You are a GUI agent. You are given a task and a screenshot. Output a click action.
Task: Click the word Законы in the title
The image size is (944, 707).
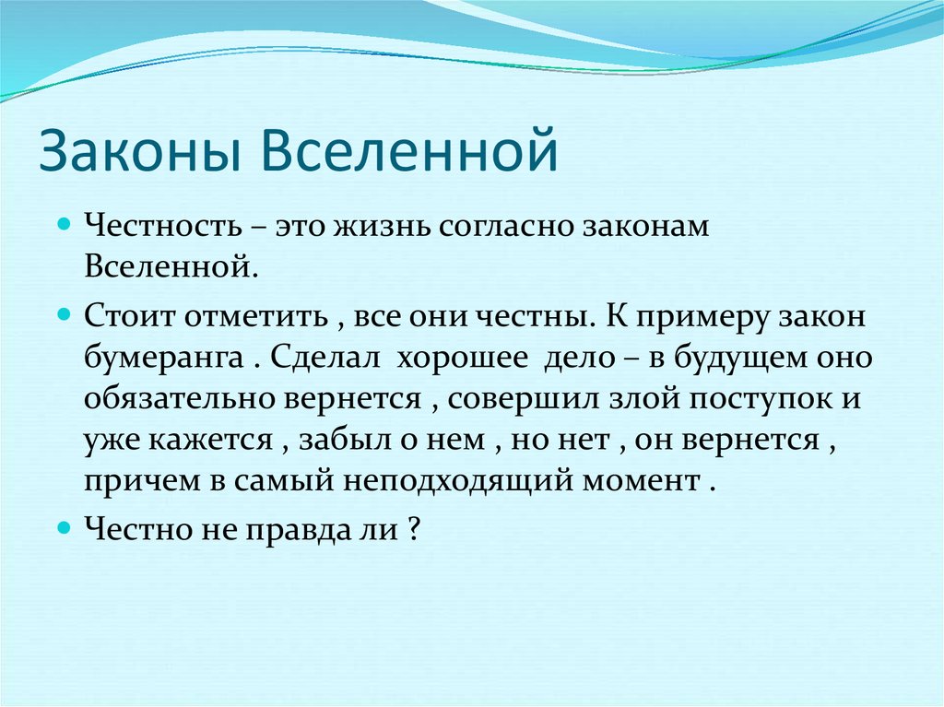pos(141,150)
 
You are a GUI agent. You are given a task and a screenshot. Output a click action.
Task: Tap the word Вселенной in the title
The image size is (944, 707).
pos(410,149)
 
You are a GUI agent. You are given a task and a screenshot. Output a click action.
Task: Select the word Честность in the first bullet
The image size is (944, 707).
pos(163,226)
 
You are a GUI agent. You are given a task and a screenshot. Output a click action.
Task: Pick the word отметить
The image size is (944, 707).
pos(256,316)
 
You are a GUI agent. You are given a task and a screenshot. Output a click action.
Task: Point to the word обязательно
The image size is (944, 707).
pos(180,398)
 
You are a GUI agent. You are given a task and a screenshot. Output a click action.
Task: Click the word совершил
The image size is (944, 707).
pos(524,399)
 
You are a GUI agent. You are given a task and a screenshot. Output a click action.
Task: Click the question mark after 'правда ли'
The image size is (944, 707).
pos(413,529)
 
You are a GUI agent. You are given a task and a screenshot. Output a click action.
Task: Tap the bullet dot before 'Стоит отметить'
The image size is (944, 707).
pos(65,314)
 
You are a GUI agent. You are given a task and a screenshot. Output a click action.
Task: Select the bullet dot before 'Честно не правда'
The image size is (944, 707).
pos(65,528)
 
